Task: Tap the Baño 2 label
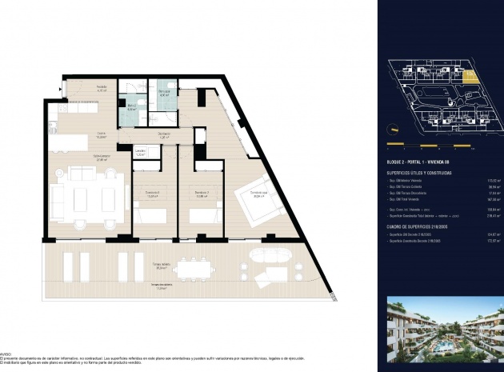click(132, 107)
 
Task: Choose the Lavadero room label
click(139, 152)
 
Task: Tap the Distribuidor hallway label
click(163, 135)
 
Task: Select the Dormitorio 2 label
click(202, 194)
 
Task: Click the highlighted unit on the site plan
click(471, 76)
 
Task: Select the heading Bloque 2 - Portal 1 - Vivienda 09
click(423, 162)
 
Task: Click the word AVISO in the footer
click(6, 351)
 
